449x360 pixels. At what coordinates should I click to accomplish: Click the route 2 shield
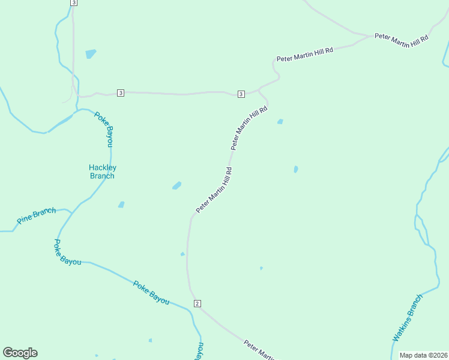(197, 304)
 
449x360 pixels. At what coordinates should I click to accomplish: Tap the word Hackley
(102, 167)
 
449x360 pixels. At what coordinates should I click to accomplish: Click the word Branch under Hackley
(102, 176)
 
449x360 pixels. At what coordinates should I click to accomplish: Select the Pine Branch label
(36, 215)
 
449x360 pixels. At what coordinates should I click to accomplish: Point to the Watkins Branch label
(408, 318)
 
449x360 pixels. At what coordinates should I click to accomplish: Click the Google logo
(20, 353)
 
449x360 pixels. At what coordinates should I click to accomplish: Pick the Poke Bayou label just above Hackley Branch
(104, 128)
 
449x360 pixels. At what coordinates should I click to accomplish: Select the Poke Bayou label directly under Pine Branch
(67, 253)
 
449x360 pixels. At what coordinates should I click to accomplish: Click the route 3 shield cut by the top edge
(73, 2)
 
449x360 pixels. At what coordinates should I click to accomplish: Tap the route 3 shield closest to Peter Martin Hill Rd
(241, 94)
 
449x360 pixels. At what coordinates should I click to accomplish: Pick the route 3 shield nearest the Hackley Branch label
(121, 92)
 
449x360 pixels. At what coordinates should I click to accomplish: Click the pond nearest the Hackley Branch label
(121, 205)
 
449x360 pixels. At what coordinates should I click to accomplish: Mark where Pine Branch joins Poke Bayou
(72, 212)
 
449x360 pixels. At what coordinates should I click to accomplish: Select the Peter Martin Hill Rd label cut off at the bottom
(260, 350)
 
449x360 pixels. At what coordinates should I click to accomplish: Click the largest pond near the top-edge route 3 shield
(91, 53)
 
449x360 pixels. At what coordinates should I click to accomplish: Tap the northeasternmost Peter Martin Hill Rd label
(402, 37)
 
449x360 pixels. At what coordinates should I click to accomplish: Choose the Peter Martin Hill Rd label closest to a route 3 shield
(249, 127)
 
